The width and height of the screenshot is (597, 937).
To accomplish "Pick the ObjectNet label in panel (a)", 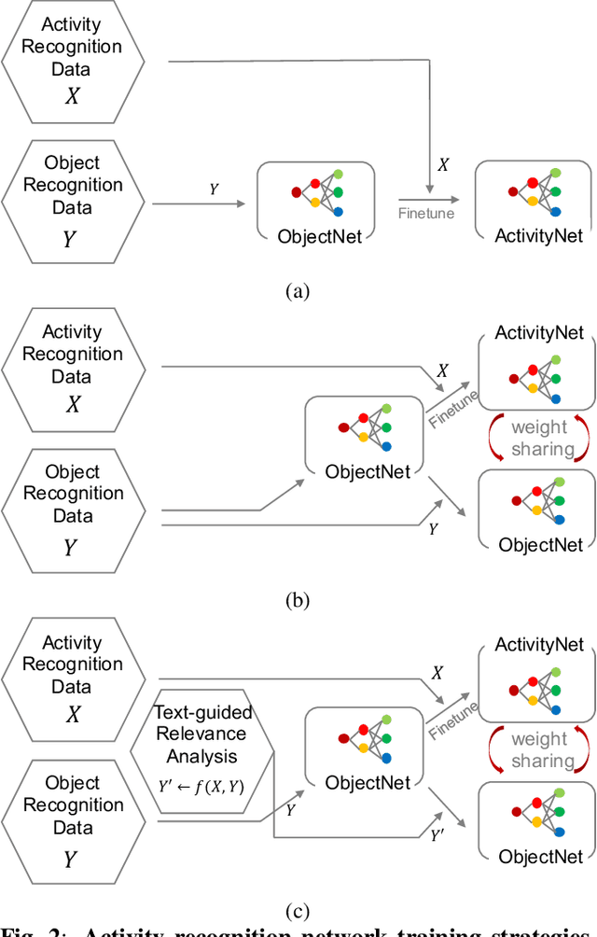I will [x=319, y=236].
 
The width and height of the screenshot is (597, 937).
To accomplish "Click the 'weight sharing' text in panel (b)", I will [x=538, y=438].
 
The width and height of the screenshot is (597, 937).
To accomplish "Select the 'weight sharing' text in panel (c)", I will [x=538, y=749].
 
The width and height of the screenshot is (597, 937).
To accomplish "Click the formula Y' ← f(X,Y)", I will [x=201, y=786].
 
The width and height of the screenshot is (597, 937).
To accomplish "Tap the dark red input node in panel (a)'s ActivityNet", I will [x=513, y=191].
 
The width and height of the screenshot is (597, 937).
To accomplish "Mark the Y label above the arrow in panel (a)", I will [x=214, y=189].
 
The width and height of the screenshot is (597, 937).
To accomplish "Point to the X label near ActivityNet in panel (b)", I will [x=442, y=371].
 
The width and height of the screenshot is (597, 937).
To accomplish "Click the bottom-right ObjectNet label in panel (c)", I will [x=540, y=856].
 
